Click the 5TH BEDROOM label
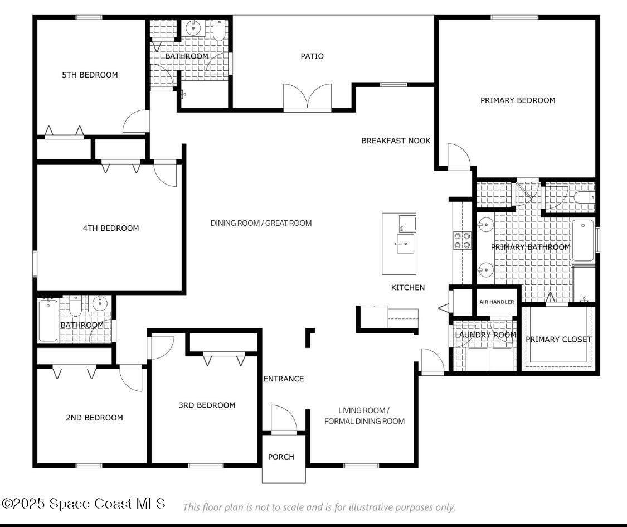pos(90,75)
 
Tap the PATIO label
pos(312,56)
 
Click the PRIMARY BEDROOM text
pos(518,100)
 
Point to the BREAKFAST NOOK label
pos(396,141)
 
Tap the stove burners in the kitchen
pos(463,240)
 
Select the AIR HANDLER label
pos(497,302)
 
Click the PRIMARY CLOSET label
pos(558,339)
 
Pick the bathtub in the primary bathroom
pos(583,240)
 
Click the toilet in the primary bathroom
pos(584,198)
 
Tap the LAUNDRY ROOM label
pos(485,335)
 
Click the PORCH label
pos(281,457)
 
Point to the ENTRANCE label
pos(284,379)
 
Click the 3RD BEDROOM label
pos(207,405)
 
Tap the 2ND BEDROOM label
pos(95,418)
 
